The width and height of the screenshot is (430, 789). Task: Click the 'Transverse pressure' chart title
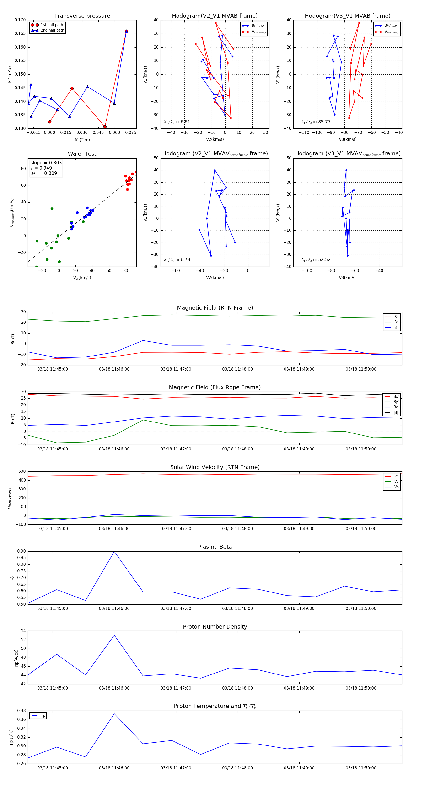point(82,16)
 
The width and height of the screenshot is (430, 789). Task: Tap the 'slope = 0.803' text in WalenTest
point(46,163)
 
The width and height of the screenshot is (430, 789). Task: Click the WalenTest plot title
point(82,154)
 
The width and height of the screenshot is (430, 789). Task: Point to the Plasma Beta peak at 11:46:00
point(114,552)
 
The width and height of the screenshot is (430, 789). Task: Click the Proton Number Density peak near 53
point(114,635)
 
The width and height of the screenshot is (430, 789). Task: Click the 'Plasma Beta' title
point(215,547)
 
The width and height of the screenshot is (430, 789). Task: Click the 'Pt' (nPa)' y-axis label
point(10,74)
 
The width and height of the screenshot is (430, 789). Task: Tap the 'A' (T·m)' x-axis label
point(82,140)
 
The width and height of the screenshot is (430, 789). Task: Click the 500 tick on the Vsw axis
point(22,471)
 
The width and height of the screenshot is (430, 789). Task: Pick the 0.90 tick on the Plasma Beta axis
point(21,551)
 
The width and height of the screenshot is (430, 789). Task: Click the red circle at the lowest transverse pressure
point(105,127)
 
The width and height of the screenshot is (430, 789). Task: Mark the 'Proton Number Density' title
point(215,627)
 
